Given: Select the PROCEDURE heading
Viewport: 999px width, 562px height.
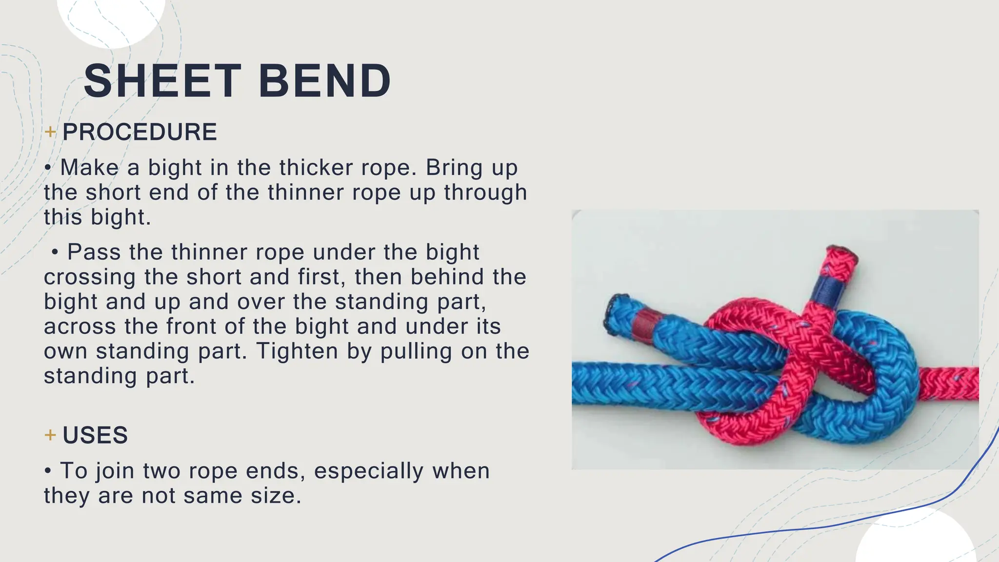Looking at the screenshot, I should [140, 132].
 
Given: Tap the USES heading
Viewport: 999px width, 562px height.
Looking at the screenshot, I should [95, 435].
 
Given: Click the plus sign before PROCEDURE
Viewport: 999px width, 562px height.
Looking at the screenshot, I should [50, 132].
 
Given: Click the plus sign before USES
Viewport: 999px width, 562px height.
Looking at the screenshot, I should [50, 435].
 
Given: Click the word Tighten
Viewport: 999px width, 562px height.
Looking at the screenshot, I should [297, 351].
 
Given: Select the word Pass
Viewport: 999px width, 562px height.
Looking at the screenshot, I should [94, 252].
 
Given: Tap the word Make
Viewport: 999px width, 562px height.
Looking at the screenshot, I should [89, 168].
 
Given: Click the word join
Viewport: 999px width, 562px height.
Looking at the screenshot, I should [115, 471].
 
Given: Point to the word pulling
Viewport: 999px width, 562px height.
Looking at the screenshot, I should [416, 351].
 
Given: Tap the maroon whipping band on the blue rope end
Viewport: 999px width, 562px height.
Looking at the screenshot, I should [642, 324].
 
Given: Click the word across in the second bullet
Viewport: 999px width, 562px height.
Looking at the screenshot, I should [80, 327].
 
